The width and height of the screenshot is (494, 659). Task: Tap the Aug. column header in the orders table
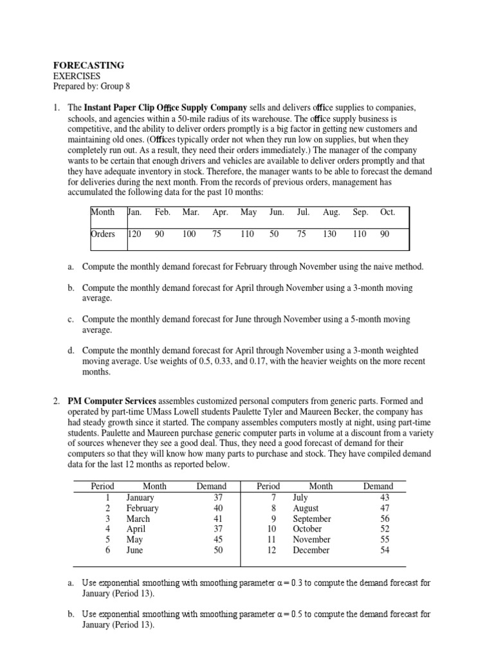[331, 212]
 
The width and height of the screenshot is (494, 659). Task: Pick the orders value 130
[329, 234]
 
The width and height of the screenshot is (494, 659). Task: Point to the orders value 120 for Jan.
[134, 234]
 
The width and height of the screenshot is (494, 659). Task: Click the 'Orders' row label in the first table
[103, 234]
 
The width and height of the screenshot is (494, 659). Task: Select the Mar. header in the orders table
[190, 212]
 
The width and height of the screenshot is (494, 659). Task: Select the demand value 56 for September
[385, 519]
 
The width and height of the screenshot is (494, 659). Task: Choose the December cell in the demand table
[311, 550]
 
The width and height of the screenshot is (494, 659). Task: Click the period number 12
[271, 550]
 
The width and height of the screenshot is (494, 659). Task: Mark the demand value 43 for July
[385, 497]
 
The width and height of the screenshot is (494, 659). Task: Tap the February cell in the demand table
[143, 508]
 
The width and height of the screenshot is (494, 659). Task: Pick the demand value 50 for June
[218, 550]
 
